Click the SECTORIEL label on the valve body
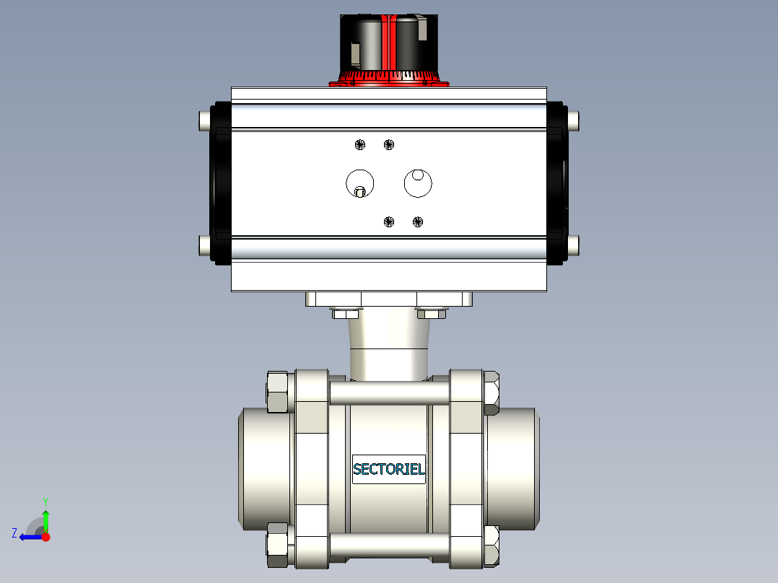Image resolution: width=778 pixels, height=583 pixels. pos(388,470)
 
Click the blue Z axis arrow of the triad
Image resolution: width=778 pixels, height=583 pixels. pos(29,536)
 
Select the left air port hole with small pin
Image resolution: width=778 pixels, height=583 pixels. pos(359,183)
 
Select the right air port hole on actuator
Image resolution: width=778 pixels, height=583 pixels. pos(417,183)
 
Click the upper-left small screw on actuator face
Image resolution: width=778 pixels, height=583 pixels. pos(360,145)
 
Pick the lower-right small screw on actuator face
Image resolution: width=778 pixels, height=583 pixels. pos(417,222)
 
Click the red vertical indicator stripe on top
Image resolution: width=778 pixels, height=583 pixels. pos(390,43)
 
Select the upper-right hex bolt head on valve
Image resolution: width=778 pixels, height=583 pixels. pos(491,392)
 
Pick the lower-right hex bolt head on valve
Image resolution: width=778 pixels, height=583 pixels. pos(491,545)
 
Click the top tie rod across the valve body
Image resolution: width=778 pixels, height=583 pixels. pos(390,392)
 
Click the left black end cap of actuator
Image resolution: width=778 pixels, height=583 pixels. pos(220,183)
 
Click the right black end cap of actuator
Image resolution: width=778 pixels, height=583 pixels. pos(557,183)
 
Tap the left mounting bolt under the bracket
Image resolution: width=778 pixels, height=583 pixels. pos(345,314)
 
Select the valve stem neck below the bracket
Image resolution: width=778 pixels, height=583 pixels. pos(390,346)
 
